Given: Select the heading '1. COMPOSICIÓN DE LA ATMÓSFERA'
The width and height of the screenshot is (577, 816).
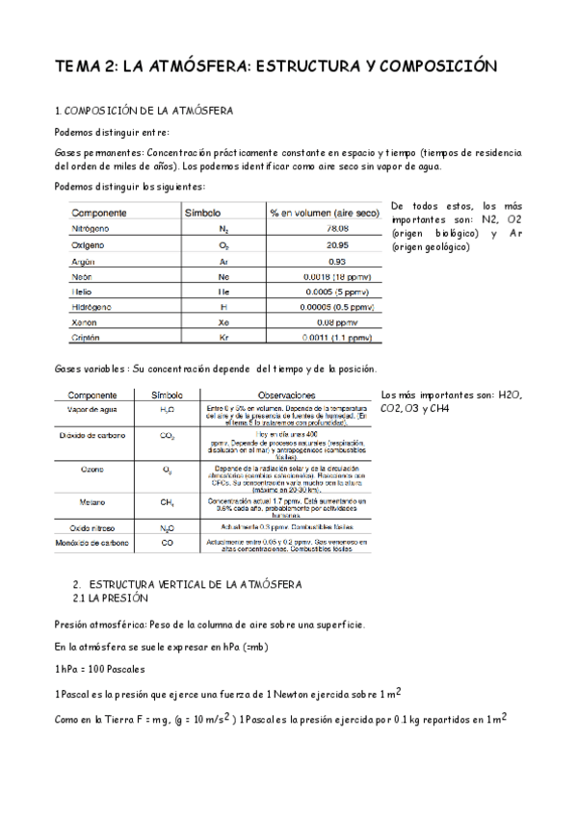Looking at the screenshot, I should point(144,112).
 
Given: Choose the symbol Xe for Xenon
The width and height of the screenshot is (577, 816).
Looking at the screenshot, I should point(223,322).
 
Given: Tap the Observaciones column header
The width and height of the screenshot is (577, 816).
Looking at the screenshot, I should point(286,395).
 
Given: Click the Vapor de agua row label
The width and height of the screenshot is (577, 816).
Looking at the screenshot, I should point(93,409).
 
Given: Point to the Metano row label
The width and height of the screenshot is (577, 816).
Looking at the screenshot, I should point(92,501).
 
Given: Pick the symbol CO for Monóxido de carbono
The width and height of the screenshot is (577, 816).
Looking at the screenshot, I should point(167,543).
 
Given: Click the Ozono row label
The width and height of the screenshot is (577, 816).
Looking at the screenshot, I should point(92,470).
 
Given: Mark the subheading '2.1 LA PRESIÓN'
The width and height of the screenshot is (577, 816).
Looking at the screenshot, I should point(107,597).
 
